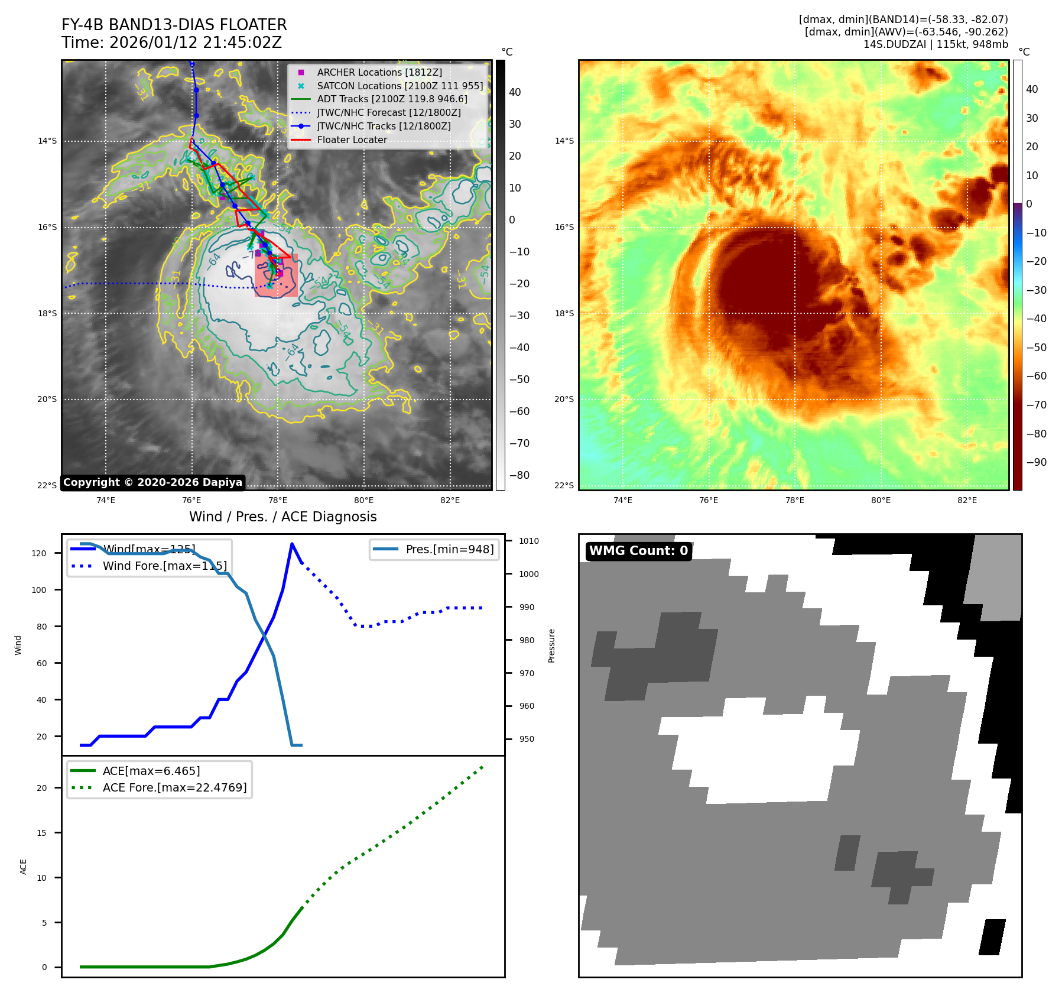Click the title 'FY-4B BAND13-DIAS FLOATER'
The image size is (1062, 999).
(x=174, y=25)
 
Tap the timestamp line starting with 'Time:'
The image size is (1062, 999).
(x=171, y=43)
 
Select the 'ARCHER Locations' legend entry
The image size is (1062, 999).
(x=379, y=72)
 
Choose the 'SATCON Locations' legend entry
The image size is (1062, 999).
(x=400, y=86)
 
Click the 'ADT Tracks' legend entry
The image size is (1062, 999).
(x=392, y=99)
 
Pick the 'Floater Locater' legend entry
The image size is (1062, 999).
(x=352, y=140)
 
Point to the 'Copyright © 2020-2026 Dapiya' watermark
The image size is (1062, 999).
(x=152, y=482)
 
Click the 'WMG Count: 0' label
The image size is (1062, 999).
(x=638, y=551)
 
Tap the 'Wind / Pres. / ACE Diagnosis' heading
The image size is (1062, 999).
(x=282, y=517)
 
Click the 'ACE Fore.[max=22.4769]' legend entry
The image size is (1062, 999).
(x=174, y=787)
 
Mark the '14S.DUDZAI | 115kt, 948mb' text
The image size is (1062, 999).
(x=936, y=44)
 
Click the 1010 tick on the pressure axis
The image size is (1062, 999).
(x=529, y=541)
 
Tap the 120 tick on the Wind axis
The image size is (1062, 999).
(x=39, y=553)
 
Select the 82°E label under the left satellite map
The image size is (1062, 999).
(x=450, y=500)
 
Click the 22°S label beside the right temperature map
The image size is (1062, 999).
(x=564, y=485)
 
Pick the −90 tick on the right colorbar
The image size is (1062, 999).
(x=1036, y=462)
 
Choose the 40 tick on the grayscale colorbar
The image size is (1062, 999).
(x=515, y=92)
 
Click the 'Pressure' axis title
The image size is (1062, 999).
(x=551, y=646)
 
